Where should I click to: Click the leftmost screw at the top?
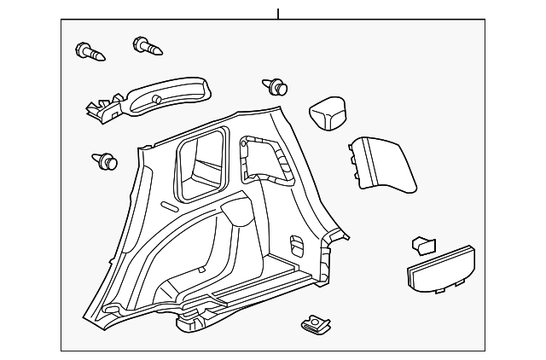[90, 52]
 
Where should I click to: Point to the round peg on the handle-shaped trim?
[157, 100]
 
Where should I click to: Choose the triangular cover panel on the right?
[383, 162]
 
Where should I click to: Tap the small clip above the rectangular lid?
[423, 245]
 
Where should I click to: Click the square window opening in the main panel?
[202, 160]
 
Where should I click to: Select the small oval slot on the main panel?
[169, 206]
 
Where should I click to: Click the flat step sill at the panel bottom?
[256, 286]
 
